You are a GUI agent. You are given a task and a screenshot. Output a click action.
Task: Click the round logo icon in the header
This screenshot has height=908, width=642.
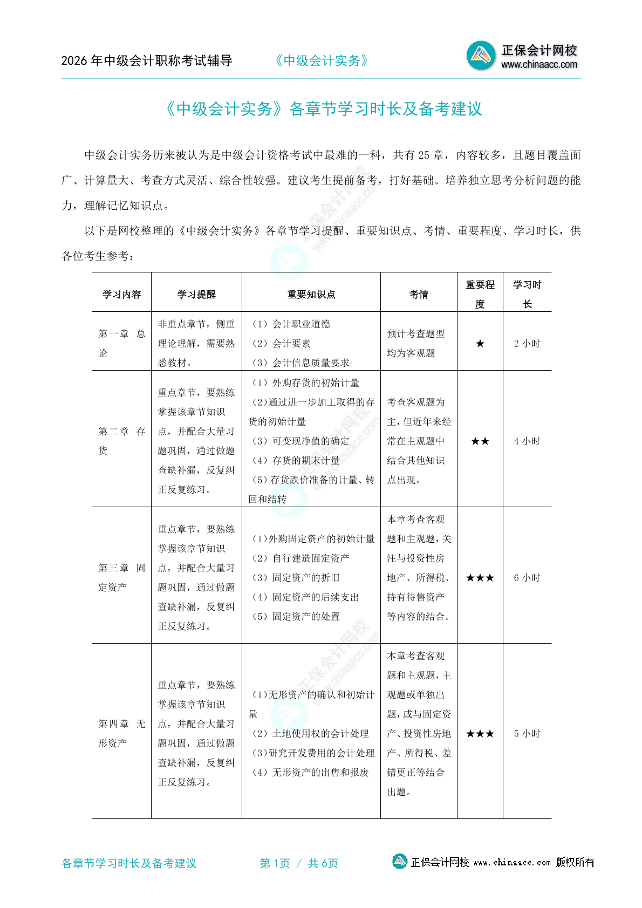[x=481, y=55]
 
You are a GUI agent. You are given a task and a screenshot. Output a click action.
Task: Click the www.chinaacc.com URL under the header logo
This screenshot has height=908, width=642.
[x=539, y=65]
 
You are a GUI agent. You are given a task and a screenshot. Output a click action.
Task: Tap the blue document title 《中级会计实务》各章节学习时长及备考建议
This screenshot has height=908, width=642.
[x=323, y=109]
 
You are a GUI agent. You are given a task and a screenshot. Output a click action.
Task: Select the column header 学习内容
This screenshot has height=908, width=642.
[x=121, y=295]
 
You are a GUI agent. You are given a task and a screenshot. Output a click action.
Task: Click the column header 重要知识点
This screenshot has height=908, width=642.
[x=311, y=295]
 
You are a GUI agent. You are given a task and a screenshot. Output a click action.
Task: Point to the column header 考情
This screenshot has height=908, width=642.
[x=419, y=295]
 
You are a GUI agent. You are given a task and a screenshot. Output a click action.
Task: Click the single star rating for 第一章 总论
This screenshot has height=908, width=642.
[x=480, y=344]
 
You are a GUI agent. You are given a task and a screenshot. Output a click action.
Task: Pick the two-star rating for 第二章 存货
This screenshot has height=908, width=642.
[x=480, y=441]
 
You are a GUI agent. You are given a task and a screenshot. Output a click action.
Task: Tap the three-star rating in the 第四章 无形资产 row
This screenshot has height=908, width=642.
[x=480, y=734]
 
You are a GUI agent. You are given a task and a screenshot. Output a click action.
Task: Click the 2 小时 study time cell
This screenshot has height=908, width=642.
[x=527, y=344]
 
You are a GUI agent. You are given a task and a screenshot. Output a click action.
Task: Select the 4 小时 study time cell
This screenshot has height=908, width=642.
[x=527, y=441]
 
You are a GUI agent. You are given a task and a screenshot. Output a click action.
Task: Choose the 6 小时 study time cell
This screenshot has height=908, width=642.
[x=527, y=578]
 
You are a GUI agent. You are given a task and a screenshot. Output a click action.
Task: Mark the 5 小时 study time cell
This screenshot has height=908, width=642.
[x=527, y=734]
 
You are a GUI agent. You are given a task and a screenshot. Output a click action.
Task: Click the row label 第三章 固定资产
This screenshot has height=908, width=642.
[x=121, y=578]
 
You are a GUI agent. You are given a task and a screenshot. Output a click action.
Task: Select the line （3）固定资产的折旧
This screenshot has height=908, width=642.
[x=296, y=578]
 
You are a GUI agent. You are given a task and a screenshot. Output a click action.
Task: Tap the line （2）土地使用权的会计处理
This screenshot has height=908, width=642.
[x=311, y=734]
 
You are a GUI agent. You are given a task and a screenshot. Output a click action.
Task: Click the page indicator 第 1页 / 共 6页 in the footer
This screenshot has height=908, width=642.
[x=299, y=863]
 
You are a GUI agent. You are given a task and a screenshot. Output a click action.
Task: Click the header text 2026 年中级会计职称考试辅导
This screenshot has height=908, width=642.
[x=147, y=61]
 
